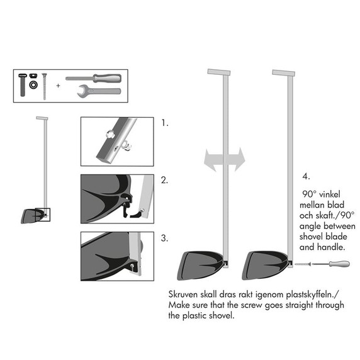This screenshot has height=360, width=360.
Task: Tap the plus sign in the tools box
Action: click(59, 85)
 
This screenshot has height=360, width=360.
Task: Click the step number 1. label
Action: click(165, 123)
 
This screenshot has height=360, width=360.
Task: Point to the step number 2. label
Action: click(165, 180)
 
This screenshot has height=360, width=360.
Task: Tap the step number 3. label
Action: click(165, 238)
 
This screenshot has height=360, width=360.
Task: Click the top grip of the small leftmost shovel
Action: click(42, 119)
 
